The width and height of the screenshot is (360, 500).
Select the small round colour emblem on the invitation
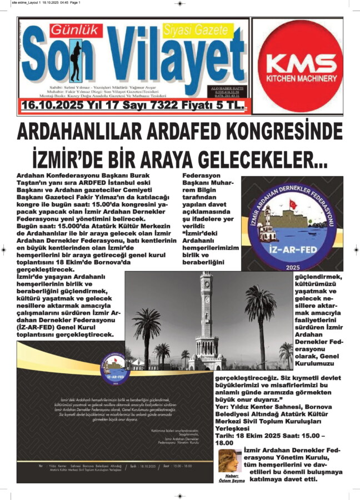click(x=117, y=367)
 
